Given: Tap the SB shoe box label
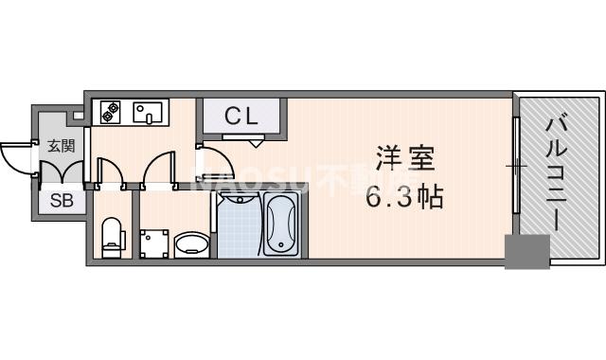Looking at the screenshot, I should pos(61,200).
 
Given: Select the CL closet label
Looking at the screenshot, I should pos(243,117).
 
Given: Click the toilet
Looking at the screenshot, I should pos(113,236).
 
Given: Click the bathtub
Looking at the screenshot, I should pos(281,225).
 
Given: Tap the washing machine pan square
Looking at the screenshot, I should pos(152,243).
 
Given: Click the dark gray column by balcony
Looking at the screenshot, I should pos(526,251).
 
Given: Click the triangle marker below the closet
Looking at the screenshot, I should pos(257,142).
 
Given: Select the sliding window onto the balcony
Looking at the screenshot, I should pos(517,167).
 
